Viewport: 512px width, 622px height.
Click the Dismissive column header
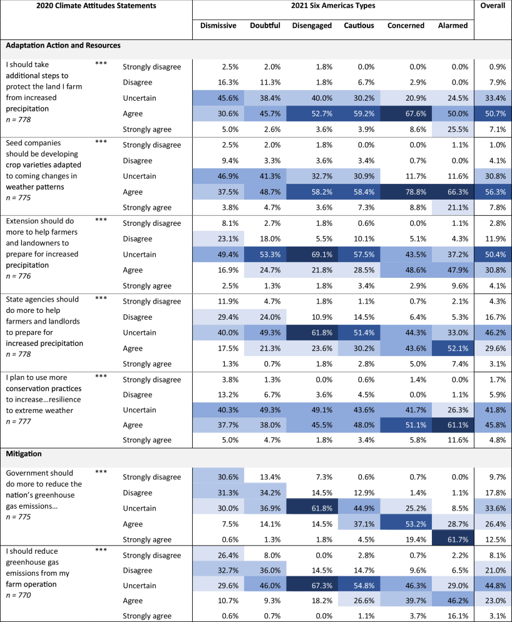[x=218, y=26]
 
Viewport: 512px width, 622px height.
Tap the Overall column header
[x=493, y=6]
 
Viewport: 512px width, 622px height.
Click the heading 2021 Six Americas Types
[x=332, y=6]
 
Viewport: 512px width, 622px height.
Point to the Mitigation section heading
[x=26, y=453]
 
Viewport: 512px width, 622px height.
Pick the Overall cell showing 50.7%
[x=493, y=115]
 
